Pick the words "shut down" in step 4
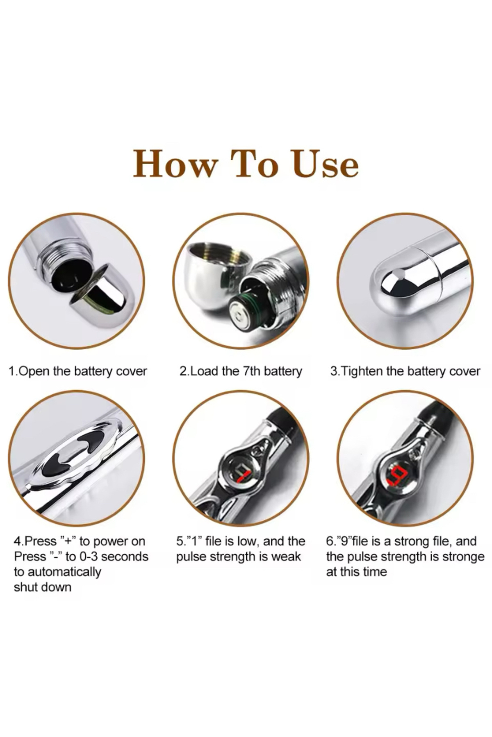point(43,587)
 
